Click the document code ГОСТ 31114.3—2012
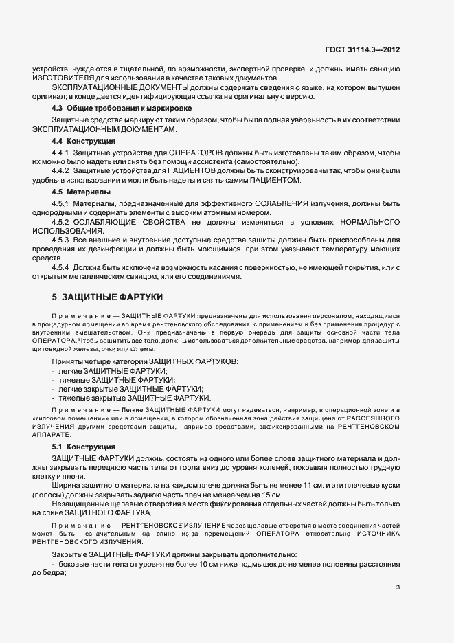point(361,50)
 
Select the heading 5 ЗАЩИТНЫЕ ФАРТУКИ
point(107,297)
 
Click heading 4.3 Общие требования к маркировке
point(122,109)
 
